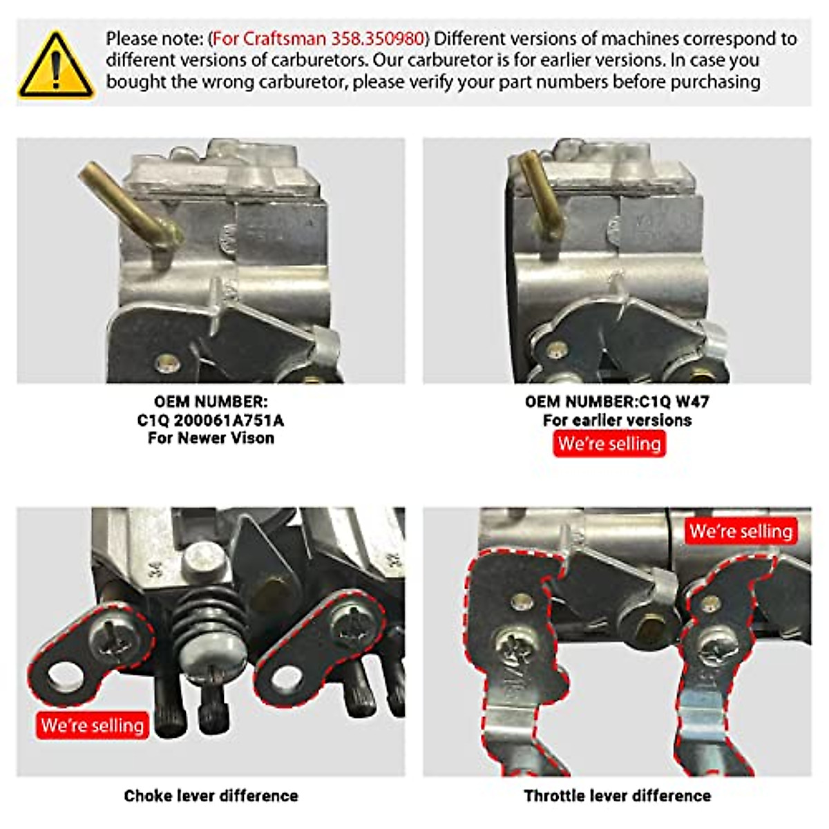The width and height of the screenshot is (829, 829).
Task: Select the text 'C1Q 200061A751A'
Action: [x=210, y=420]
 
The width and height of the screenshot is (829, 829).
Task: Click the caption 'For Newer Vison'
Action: [x=210, y=438]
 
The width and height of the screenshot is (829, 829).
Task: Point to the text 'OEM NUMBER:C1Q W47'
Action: [x=616, y=401]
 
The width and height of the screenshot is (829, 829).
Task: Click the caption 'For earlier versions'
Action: [x=616, y=420]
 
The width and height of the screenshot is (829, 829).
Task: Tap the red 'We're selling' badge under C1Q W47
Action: [x=609, y=444]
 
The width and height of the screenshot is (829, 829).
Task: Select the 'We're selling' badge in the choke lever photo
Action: [x=93, y=725]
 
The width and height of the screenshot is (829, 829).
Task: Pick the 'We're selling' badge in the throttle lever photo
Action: [x=741, y=531]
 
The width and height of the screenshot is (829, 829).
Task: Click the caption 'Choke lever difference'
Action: [x=211, y=796]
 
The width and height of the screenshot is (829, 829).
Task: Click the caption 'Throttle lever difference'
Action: [x=617, y=796]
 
